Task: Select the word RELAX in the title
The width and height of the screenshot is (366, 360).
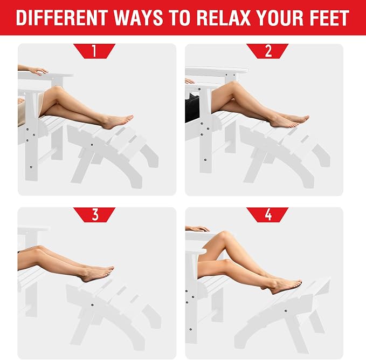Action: pyautogui.click(x=224, y=18)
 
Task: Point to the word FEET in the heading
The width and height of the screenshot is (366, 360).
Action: pyautogui.click(x=329, y=18)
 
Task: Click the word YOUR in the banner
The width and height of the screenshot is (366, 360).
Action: pyautogui.click(x=280, y=18)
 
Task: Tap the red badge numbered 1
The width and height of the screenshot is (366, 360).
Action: pyautogui.click(x=94, y=51)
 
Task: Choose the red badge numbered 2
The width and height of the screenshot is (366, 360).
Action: pyautogui.click(x=267, y=51)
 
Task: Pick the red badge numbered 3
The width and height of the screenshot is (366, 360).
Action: pyautogui.click(x=94, y=215)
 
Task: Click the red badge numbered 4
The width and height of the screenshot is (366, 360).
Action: pyautogui.click(x=267, y=215)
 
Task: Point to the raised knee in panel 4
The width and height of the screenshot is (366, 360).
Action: pyautogui.click(x=224, y=235)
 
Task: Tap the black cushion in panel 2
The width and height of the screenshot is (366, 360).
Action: pyautogui.click(x=192, y=108)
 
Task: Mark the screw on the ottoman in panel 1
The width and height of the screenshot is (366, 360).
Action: pyautogui.click(x=92, y=145)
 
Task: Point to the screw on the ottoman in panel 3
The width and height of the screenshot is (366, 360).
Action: pyautogui.click(x=92, y=305)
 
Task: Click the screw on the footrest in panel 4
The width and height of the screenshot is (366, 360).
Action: pyautogui.click(x=286, y=311)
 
